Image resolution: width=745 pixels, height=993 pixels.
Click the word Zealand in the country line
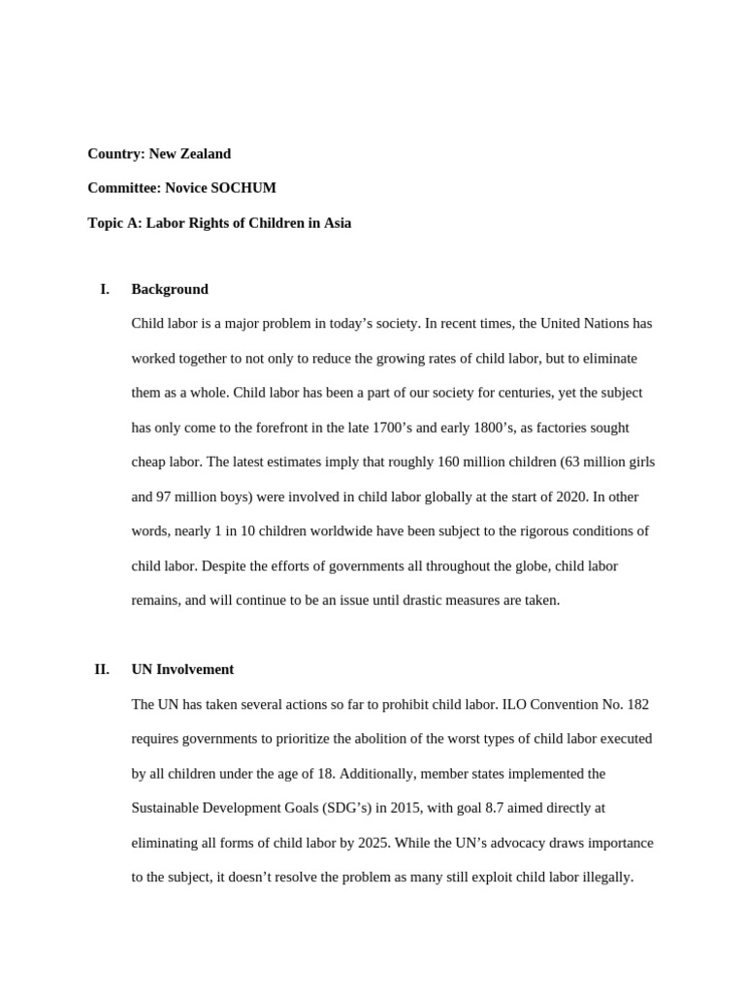(204, 153)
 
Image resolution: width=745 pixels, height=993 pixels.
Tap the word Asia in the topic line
(337, 223)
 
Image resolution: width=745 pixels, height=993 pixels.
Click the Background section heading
(170, 289)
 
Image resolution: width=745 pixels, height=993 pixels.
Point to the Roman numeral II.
(101, 669)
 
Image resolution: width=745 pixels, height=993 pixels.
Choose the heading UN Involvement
(182, 669)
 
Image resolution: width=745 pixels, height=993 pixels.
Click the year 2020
(563, 497)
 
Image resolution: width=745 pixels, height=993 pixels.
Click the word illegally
(606, 878)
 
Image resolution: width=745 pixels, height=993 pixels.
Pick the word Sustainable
(166, 808)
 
